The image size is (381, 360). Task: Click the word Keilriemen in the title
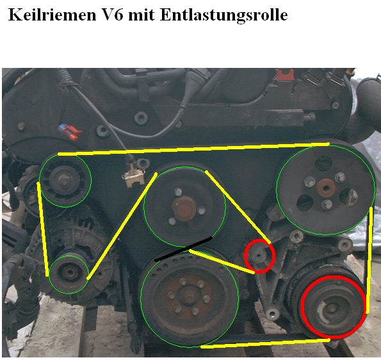pos(53,15)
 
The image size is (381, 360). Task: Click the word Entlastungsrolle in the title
pos(223,15)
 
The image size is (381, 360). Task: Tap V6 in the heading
pos(112,15)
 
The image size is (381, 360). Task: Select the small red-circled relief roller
pos(259,256)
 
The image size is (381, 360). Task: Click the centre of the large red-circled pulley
pos(333,307)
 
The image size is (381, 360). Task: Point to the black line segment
pos(183,249)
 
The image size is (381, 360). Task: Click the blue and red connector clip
pos(70,132)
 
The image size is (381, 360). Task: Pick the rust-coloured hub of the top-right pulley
pos(326,188)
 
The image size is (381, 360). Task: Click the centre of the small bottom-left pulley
pos(70,274)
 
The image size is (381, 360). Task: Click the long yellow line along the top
pos(193,149)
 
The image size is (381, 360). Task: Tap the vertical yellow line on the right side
pos(369,260)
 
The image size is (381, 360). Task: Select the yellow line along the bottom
pos(265,343)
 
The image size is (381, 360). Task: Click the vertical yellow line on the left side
pos(42,229)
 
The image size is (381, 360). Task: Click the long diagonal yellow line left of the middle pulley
pos(122,226)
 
